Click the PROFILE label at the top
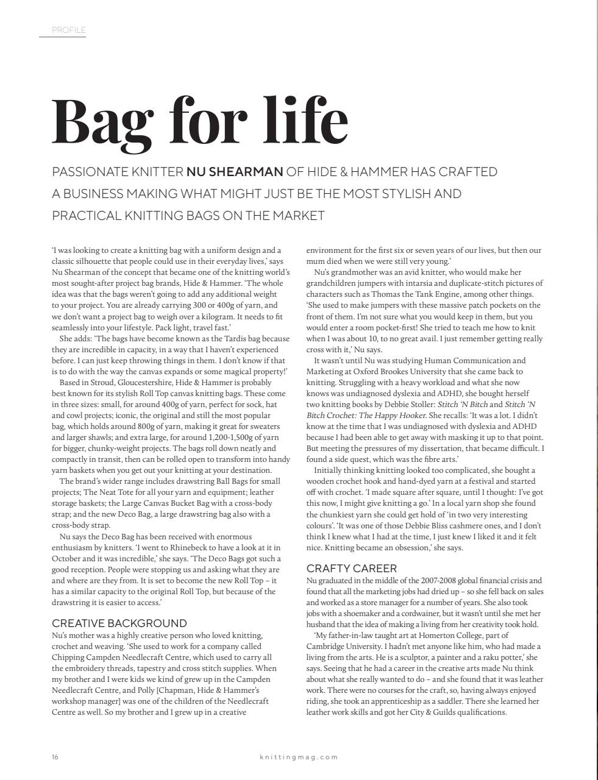click(69, 30)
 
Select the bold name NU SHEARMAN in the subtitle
click(235, 172)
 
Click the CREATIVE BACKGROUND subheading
click(119, 623)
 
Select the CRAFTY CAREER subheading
click(352, 568)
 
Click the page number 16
click(55, 757)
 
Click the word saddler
click(471, 701)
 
